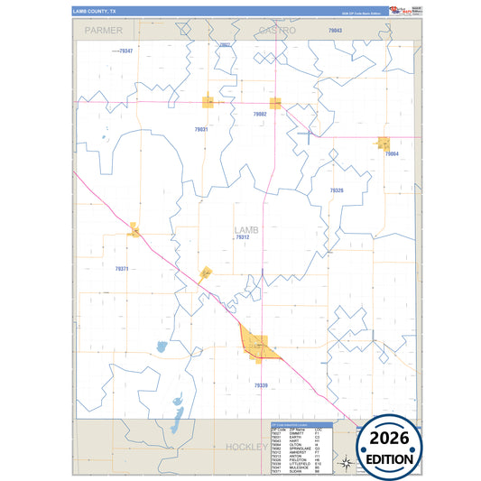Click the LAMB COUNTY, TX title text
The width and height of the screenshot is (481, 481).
click(x=95, y=12)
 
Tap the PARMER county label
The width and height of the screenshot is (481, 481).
click(x=102, y=30)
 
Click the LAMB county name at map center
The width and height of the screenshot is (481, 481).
click(x=245, y=230)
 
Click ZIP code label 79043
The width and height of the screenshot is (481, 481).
click(x=335, y=31)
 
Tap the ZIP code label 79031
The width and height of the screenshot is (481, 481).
click(x=201, y=129)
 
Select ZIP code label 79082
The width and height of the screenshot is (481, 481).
click(x=260, y=115)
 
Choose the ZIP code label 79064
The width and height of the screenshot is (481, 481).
click(x=392, y=154)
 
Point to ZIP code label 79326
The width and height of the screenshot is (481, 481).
click(x=337, y=190)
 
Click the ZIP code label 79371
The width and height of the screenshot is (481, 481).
click(x=122, y=269)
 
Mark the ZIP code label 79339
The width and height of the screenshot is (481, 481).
click(x=261, y=385)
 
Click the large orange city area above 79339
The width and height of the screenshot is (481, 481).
click(x=257, y=346)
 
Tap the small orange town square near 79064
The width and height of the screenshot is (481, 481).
click(x=384, y=143)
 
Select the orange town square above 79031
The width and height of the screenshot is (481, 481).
click(x=208, y=102)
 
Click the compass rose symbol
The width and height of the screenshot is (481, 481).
click(x=345, y=463)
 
